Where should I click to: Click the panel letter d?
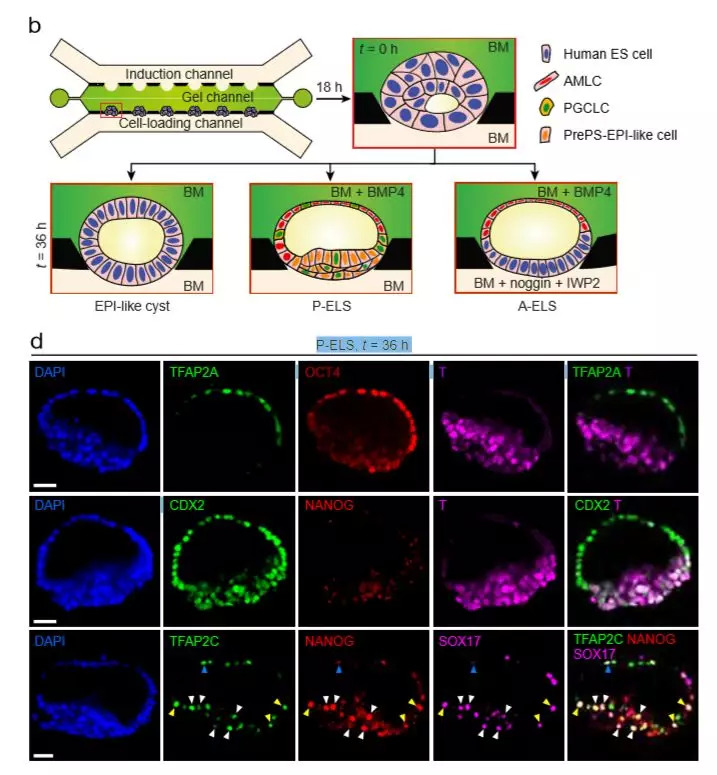pos(36,342)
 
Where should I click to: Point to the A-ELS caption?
pos(532,305)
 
